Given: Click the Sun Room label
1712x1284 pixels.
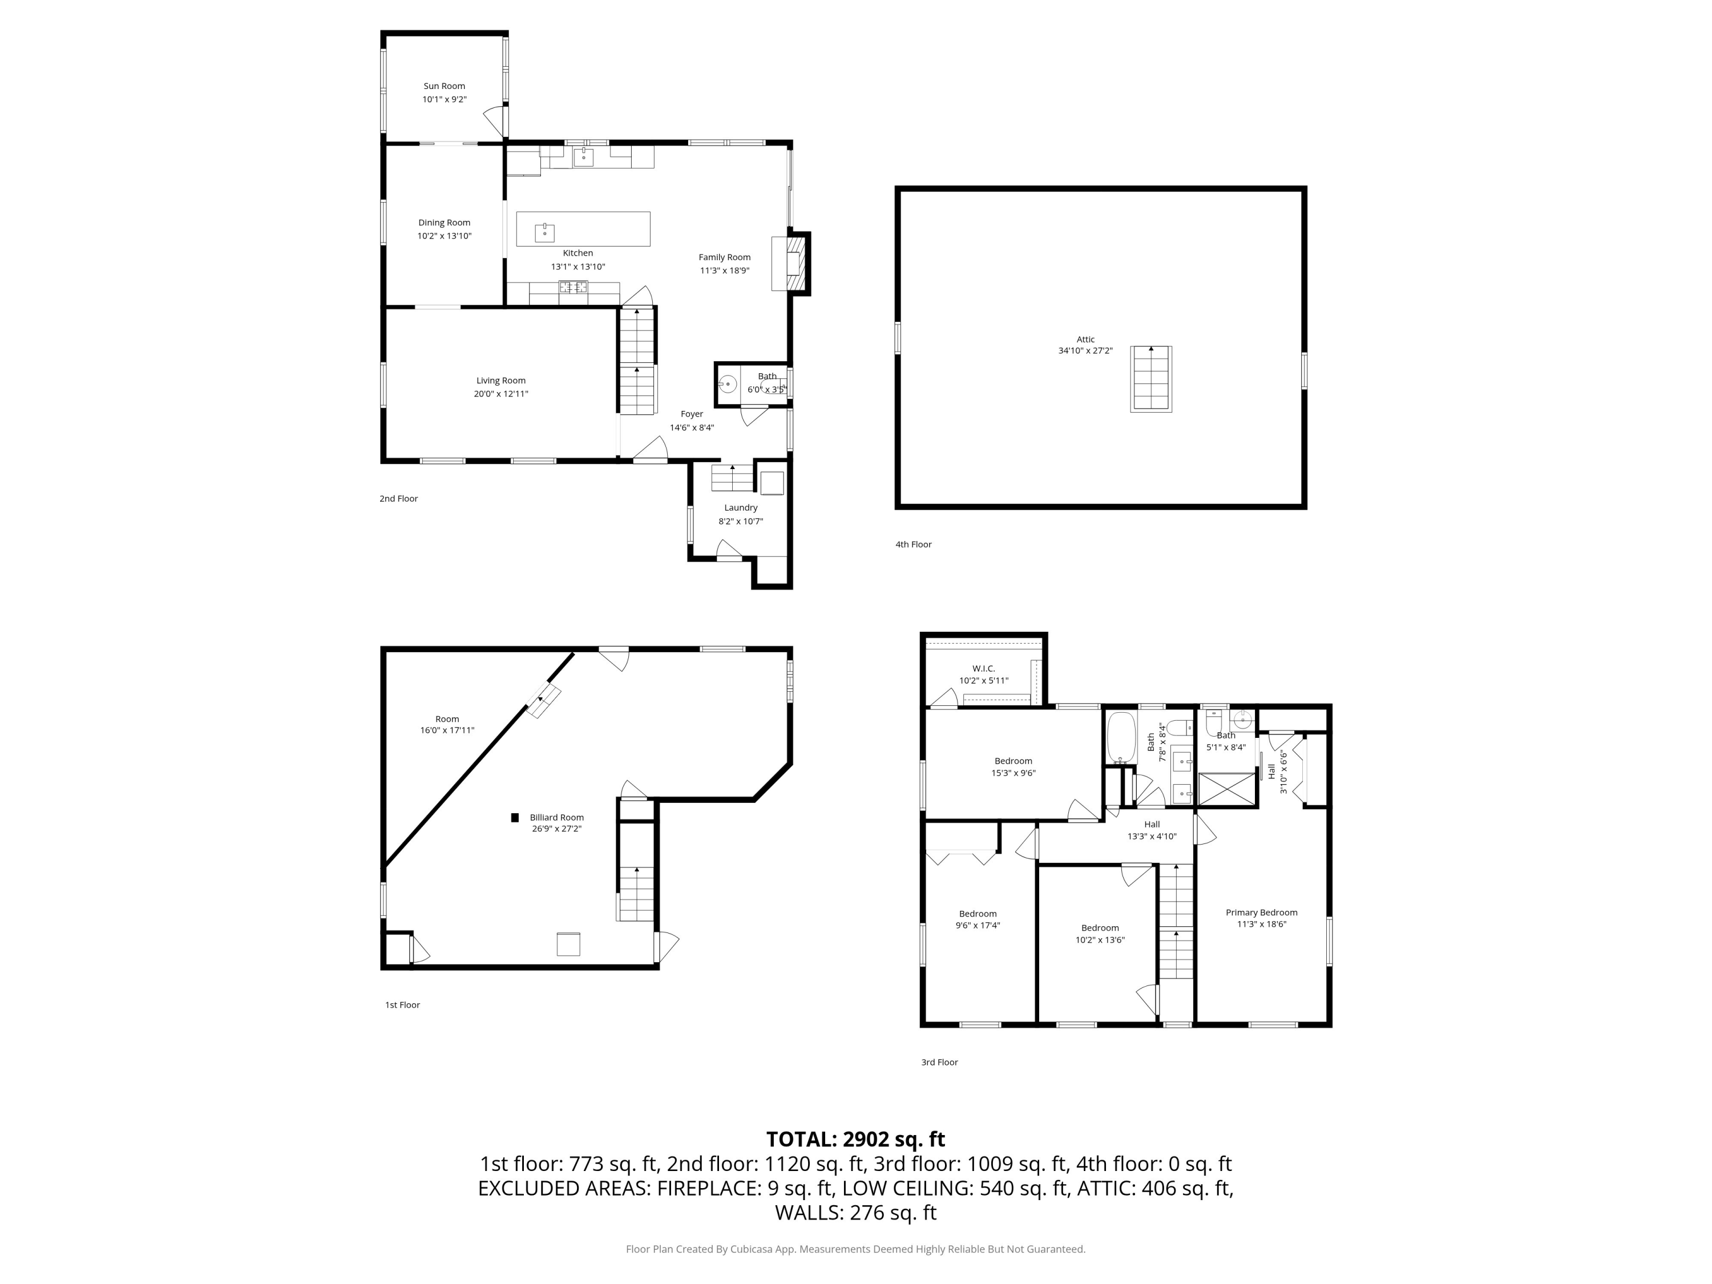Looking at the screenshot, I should pyautogui.click(x=443, y=86).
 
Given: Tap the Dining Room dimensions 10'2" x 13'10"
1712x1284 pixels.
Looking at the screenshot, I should pyautogui.click(x=444, y=236).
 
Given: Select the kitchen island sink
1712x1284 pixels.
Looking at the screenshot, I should pyautogui.click(x=545, y=232).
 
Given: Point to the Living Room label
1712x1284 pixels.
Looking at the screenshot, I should pyautogui.click(x=500, y=380).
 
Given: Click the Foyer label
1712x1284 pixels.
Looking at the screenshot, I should pyautogui.click(x=691, y=414).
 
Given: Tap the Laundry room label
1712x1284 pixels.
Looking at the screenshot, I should pyautogui.click(x=741, y=508).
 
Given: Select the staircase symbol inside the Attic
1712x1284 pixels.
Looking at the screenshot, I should pyautogui.click(x=1151, y=379).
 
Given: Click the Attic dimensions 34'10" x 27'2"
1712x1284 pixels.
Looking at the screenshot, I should pyautogui.click(x=1085, y=350).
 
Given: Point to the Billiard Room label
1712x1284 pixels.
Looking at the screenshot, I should pyautogui.click(x=556, y=817).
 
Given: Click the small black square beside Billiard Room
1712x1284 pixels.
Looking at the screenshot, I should pyautogui.click(x=515, y=817).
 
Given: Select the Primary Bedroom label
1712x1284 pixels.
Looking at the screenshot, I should pyautogui.click(x=1261, y=912).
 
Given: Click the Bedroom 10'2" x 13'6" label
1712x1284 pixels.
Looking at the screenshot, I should pyautogui.click(x=1100, y=928).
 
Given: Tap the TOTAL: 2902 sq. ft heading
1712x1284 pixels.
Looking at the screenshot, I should pyautogui.click(x=855, y=1139).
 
